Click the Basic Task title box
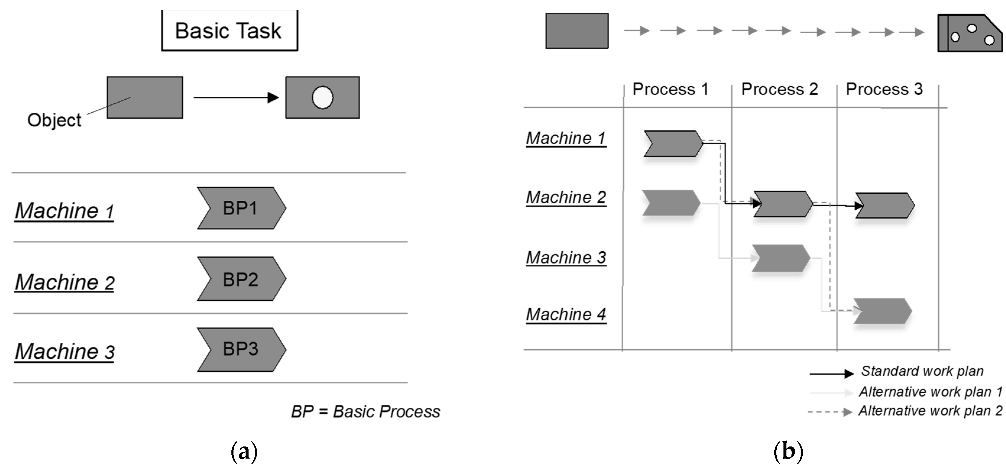coord(229,30)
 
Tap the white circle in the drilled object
coord(323,97)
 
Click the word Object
coord(54,120)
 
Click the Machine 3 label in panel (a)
coord(64,351)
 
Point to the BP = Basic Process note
coord(366,411)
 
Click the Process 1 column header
coord(670,89)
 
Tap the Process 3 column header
coord(884,89)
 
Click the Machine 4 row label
coord(566,314)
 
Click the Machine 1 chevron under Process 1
coord(673,144)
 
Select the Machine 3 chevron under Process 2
coord(780,258)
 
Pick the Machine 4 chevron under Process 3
coord(882,311)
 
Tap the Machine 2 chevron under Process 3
coord(885,205)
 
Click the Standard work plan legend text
coord(922,371)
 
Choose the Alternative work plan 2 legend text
coord(930,411)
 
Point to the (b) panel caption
coord(788,451)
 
